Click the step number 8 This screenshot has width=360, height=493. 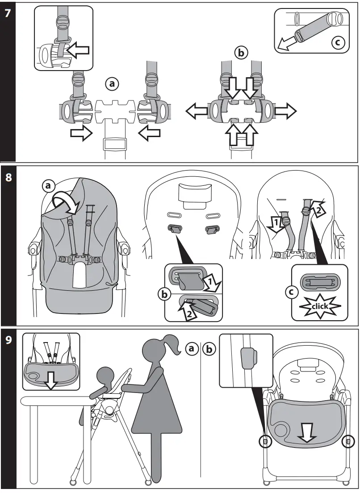coord(8,177)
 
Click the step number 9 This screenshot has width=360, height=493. coord(8,340)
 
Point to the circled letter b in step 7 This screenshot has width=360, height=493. coord(241,53)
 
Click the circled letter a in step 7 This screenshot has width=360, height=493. coord(112,83)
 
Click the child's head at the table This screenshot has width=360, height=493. coord(107,377)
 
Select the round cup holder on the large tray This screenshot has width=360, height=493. coord(282,430)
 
